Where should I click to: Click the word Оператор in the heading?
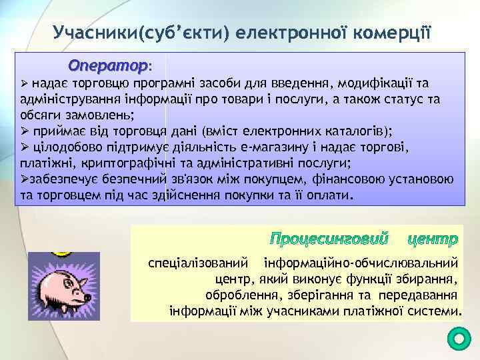109,67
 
